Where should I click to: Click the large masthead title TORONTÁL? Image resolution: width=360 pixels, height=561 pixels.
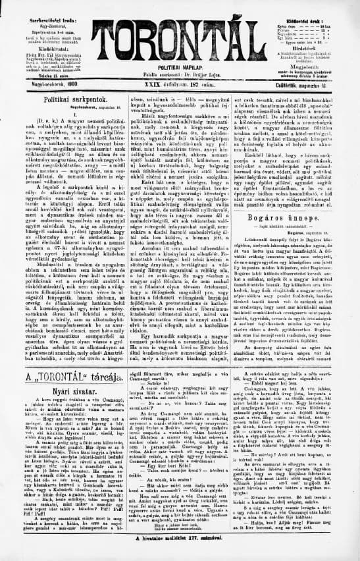[179, 29]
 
